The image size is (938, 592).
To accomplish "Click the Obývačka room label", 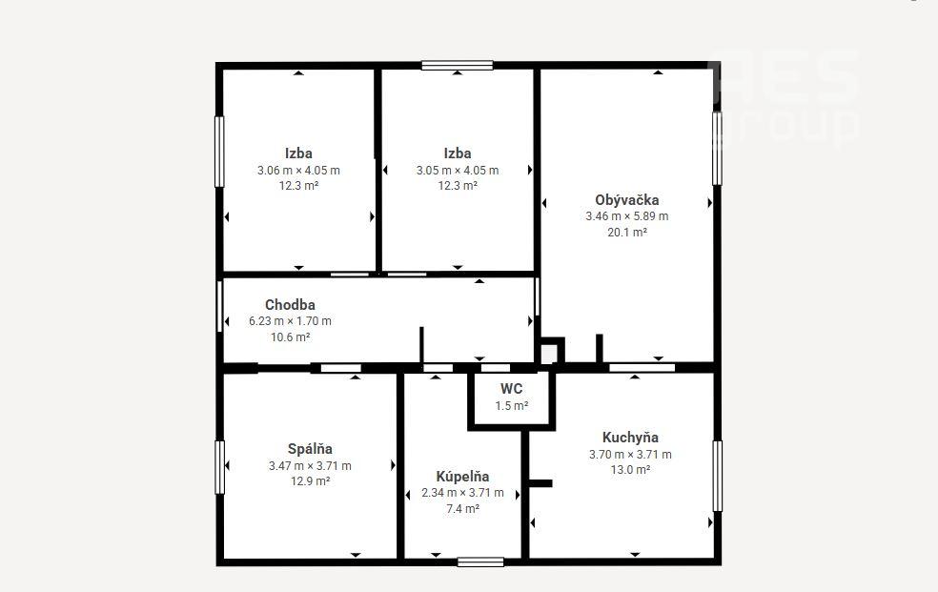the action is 627,200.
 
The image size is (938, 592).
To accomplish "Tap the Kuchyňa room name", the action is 630,438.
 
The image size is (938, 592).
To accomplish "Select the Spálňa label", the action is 310,449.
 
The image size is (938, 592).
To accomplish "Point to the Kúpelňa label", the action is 462,477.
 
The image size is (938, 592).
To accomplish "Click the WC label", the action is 512,389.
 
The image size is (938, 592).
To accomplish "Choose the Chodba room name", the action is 290,305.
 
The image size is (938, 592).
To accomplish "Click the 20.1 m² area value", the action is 627,232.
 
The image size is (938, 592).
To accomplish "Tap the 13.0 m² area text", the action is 630,469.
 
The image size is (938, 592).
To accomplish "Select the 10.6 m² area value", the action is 290,337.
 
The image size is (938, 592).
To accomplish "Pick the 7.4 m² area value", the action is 462,509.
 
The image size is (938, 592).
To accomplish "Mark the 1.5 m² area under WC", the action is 512,406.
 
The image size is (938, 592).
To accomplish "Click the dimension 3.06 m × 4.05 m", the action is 298,171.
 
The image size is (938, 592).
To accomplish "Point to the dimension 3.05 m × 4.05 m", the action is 458,171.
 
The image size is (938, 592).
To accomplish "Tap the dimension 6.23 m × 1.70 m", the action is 290,321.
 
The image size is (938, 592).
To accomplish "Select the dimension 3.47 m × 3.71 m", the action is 310,466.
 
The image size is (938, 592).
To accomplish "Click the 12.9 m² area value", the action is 310,481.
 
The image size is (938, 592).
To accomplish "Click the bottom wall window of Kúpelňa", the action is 480,562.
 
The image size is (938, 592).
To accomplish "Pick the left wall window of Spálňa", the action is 219,468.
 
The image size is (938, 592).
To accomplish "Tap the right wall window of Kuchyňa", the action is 717,476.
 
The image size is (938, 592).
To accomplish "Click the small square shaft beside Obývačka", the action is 550,352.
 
